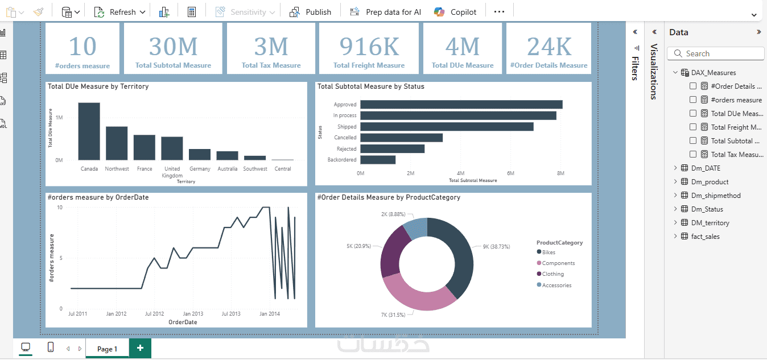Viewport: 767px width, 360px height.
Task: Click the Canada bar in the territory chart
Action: tap(89, 132)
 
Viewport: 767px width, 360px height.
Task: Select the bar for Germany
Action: tap(200, 155)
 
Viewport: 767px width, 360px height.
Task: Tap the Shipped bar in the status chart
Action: tap(447, 127)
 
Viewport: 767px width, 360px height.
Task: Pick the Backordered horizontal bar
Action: tap(378, 160)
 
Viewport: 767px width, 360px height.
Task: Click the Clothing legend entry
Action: tap(552, 274)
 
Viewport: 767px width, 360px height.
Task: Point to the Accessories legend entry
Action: tap(556, 285)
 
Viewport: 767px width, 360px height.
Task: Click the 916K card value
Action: tap(369, 46)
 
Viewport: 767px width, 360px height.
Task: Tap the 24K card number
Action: tap(549, 46)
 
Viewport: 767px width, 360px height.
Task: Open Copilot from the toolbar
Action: tap(455, 12)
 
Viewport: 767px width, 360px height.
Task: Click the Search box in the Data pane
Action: tap(718, 53)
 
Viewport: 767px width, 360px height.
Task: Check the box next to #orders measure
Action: tap(693, 100)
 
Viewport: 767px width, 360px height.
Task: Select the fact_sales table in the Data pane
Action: tap(705, 237)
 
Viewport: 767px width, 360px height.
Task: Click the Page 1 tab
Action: tap(107, 349)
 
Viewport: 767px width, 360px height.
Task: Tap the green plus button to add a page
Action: tap(140, 348)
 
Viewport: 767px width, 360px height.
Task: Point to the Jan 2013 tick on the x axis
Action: tap(193, 314)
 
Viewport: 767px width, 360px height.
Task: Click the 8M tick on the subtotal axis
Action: tap(560, 173)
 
